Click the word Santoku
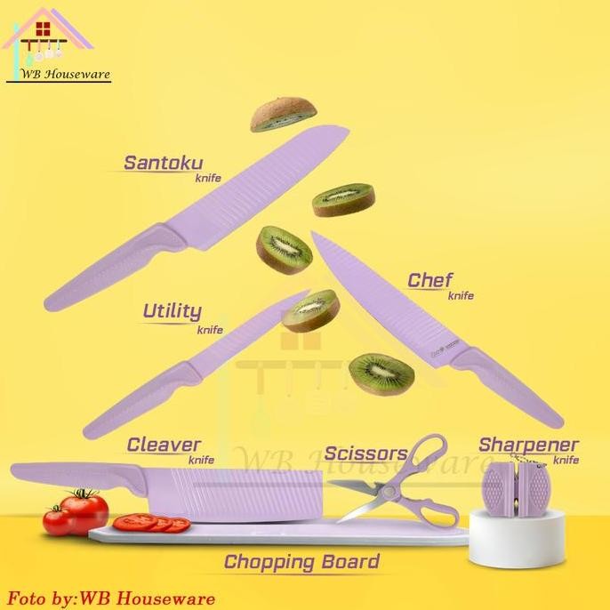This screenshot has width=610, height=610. point(164,163)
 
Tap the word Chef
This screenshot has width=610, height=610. point(429,280)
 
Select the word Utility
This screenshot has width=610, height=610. point(173,311)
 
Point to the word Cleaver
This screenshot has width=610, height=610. point(164,445)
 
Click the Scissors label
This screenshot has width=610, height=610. point(365,453)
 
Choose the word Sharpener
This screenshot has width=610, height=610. point(528,445)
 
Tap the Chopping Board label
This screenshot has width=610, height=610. point(301,562)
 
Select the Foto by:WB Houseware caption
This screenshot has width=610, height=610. point(111,598)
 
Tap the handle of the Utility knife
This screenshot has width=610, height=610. point(142,401)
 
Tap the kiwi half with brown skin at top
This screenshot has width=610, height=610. point(283,114)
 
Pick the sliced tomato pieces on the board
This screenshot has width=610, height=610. point(152,523)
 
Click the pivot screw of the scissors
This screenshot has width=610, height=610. point(388,492)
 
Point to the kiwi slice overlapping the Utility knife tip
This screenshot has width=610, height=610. point(311,310)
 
